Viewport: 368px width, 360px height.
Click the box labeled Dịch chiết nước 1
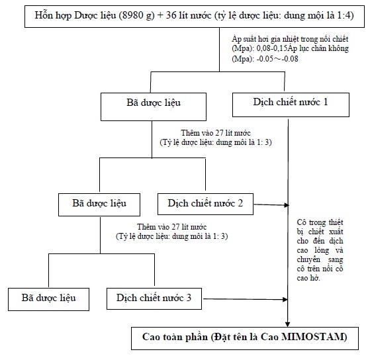[291, 105]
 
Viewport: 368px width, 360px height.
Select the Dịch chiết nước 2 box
[205, 204]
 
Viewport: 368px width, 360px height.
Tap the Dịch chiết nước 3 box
[154, 298]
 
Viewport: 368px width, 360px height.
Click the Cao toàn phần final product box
[245, 338]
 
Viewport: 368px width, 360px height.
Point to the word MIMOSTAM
[314, 337]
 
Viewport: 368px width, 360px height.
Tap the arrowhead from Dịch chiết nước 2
[287, 205]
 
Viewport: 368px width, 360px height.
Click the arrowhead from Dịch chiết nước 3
[285, 299]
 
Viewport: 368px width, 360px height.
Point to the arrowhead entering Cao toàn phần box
[288, 324]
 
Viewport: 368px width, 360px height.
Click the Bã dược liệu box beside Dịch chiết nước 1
[154, 107]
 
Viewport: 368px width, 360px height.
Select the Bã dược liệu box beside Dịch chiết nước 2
[99, 204]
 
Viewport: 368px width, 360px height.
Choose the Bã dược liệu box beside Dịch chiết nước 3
[48, 300]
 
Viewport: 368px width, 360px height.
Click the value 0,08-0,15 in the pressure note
[272, 48]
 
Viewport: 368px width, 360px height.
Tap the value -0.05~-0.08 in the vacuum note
[277, 58]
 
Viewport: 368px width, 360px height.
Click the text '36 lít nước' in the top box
[189, 15]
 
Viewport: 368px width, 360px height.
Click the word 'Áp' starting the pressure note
[236, 39]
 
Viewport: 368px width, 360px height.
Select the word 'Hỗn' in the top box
[42, 15]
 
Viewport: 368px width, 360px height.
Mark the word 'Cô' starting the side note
[301, 222]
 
